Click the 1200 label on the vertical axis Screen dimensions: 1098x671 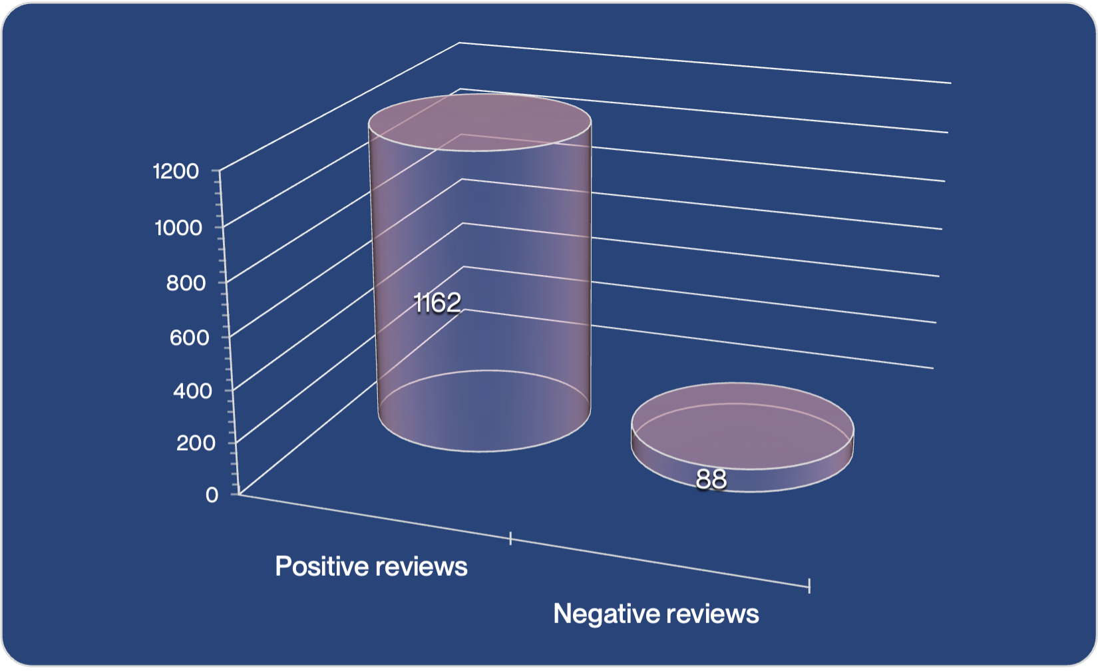click(x=176, y=172)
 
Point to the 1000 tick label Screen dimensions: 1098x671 click(x=178, y=228)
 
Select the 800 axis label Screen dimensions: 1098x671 click(x=186, y=283)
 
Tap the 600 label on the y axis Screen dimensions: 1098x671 click(x=189, y=337)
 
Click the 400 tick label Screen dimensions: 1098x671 click(x=192, y=391)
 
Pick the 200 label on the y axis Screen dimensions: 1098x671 click(x=196, y=443)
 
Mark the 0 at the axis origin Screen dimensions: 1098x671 click(x=212, y=495)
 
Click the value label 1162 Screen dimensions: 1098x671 click(x=437, y=302)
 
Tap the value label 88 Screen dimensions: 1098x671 click(x=711, y=479)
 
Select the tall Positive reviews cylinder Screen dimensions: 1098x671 click(x=480, y=273)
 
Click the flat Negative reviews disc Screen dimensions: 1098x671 click(x=743, y=437)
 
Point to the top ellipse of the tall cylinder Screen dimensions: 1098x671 click(x=480, y=122)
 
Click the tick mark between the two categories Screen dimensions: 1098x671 click(x=510, y=538)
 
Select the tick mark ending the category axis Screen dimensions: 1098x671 click(x=809, y=586)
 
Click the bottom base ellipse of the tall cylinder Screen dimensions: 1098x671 click(x=484, y=411)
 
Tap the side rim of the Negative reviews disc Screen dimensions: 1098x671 click(x=743, y=480)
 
